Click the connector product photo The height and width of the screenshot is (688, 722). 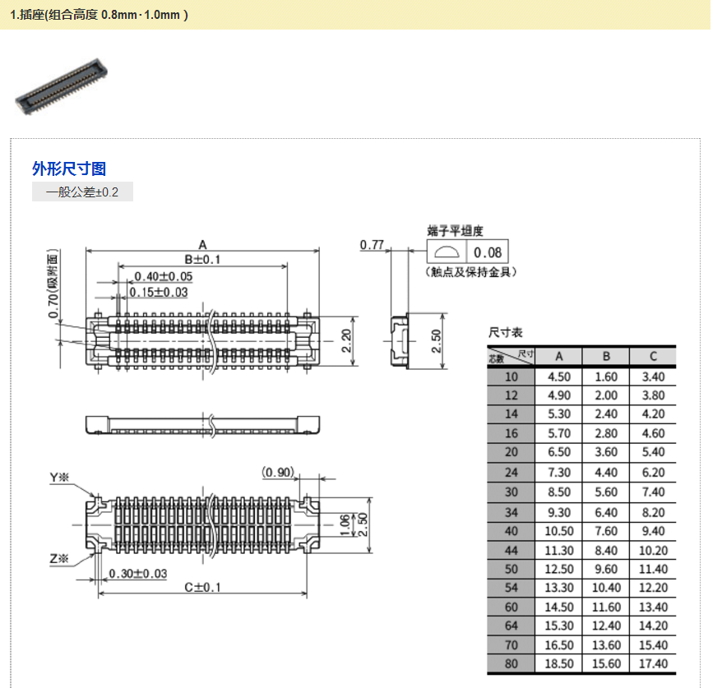coord(61,86)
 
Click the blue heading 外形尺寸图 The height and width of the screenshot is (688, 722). coord(69,169)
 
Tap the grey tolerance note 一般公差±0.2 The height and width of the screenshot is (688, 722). coord(82,192)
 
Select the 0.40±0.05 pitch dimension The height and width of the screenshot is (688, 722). coord(164,276)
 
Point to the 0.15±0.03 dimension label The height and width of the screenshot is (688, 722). coord(159,293)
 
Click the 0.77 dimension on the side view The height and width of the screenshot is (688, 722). coord(372,245)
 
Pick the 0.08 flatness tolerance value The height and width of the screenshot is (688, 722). coord(488,252)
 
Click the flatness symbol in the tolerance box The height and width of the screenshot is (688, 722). coord(447,252)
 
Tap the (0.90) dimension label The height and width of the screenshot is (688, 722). coord(278,472)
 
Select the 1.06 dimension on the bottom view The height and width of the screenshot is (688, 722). coord(345,525)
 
